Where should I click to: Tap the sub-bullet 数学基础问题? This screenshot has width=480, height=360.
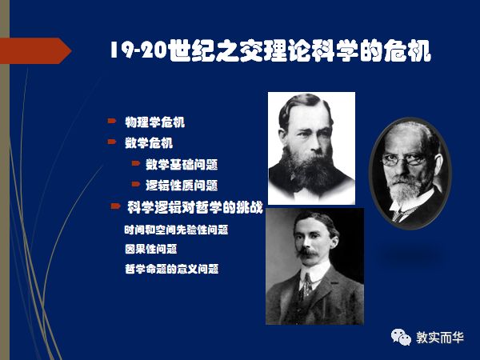(182, 165)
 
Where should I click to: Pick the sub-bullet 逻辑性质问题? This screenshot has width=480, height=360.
(182, 186)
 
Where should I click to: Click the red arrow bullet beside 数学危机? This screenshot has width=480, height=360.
(113, 142)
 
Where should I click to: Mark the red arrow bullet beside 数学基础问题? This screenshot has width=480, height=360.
(135, 164)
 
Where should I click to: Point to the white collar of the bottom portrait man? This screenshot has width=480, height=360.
(307, 280)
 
